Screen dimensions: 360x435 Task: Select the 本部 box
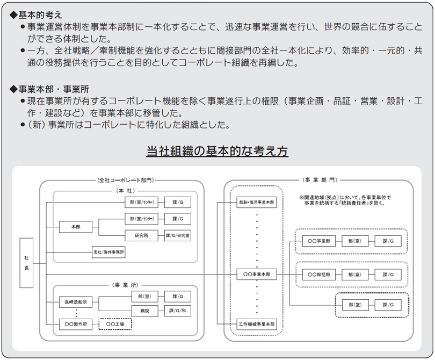[76, 227]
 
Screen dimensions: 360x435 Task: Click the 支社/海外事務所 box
[108, 253]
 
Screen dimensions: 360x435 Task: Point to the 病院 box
[145, 311]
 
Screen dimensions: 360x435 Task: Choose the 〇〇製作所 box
[75, 324]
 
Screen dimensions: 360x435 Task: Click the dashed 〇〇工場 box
[115, 324]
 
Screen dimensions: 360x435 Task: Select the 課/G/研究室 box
[178, 235]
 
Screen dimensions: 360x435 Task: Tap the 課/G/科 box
[178, 311]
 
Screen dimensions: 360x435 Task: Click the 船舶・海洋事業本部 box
[257, 203]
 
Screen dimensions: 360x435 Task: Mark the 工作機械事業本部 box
[257, 324]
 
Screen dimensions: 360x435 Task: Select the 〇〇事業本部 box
[257, 274]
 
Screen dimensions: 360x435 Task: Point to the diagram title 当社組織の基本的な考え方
[218, 152]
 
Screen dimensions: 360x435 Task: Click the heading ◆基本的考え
[37, 15]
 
